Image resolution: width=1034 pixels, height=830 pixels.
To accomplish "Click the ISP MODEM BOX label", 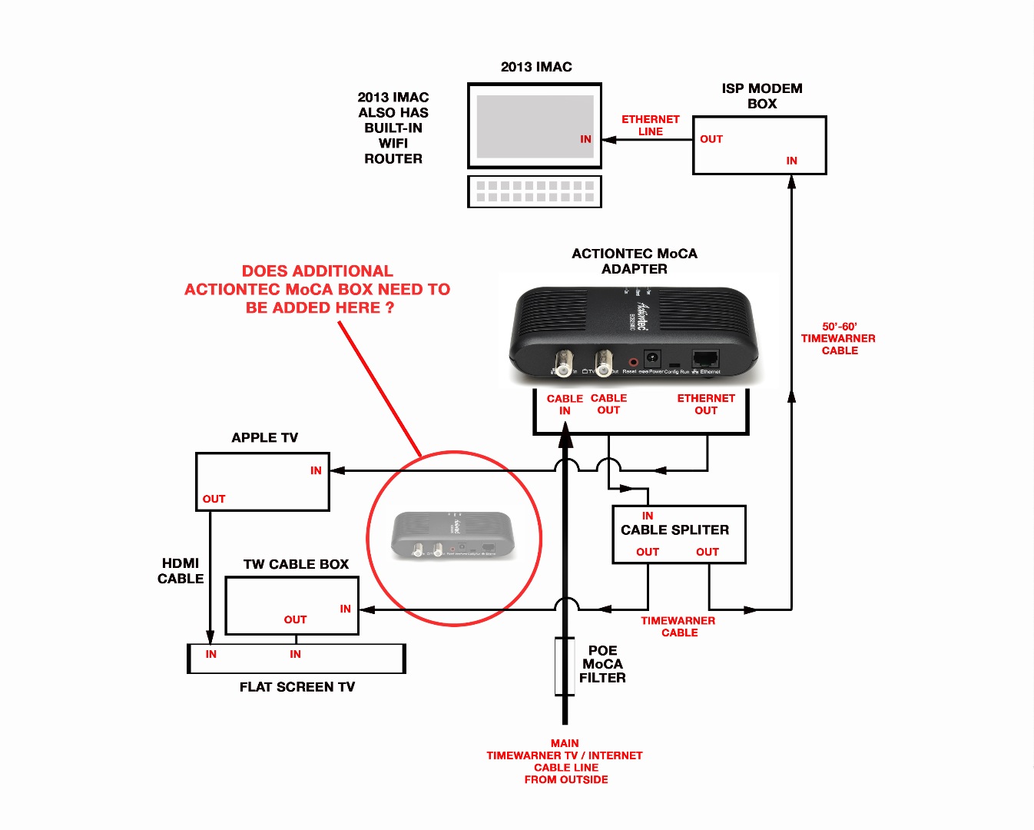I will (x=761, y=96).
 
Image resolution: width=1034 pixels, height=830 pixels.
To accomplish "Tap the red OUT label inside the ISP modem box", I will (x=711, y=139).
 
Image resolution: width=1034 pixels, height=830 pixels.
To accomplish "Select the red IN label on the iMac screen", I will (x=585, y=139).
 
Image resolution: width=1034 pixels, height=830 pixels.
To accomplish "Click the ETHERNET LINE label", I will (x=650, y=125).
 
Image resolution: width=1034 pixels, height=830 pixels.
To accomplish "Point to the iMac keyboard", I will (x=535, y=191).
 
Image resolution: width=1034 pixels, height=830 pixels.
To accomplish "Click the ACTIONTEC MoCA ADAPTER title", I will (x=635, y=261).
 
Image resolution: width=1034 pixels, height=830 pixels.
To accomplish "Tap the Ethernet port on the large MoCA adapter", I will (x=705, y=358).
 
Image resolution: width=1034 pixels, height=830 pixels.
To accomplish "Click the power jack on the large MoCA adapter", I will (x=652, y=358).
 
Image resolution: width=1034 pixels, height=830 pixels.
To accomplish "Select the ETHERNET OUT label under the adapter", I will (x=706, y=404).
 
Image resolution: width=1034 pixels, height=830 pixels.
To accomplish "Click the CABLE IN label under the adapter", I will (x=565, y=404).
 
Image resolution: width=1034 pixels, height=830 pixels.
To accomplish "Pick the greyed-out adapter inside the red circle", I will (x=454, y=535).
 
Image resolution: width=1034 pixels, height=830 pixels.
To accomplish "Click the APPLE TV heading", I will (x=265, y=437).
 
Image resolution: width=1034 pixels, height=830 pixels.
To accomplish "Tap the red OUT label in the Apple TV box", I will (x=214, y=499).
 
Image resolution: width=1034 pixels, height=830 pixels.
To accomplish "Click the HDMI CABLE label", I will (x=181, y=571).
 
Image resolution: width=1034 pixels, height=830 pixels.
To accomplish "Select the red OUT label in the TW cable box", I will (x=295, y=619).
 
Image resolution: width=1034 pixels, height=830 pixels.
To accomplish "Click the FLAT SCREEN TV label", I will (x=297, y=687).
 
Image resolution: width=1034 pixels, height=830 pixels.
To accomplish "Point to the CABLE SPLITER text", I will (x=675, y=530).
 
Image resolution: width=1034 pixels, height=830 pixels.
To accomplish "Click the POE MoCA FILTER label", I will (x=602, y=664).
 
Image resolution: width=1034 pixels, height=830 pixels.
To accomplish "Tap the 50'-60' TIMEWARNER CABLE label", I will (x=838, y=338).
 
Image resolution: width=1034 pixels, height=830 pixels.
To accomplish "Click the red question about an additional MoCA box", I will (x=317, y=290).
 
